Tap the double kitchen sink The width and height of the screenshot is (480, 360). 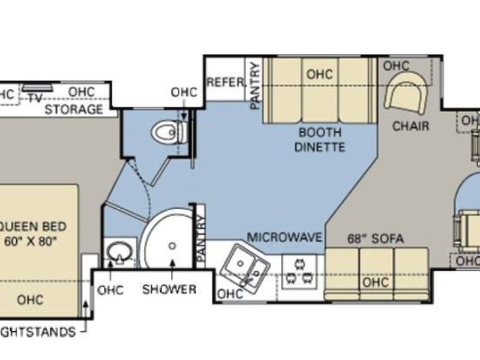point(247,265)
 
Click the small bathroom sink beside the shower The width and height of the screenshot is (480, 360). point(116,253)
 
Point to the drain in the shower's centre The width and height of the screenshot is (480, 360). point(172,245)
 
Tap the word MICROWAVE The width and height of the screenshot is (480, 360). point(285,236)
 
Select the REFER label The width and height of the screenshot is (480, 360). point(225,82)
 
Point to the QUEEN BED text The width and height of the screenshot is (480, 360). point(33,227)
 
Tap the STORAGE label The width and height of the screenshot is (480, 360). point(73,109)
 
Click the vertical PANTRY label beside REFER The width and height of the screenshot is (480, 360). point(254,85)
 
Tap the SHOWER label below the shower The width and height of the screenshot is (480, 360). point(169,290)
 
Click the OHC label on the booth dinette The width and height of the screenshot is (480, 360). point(319,75)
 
